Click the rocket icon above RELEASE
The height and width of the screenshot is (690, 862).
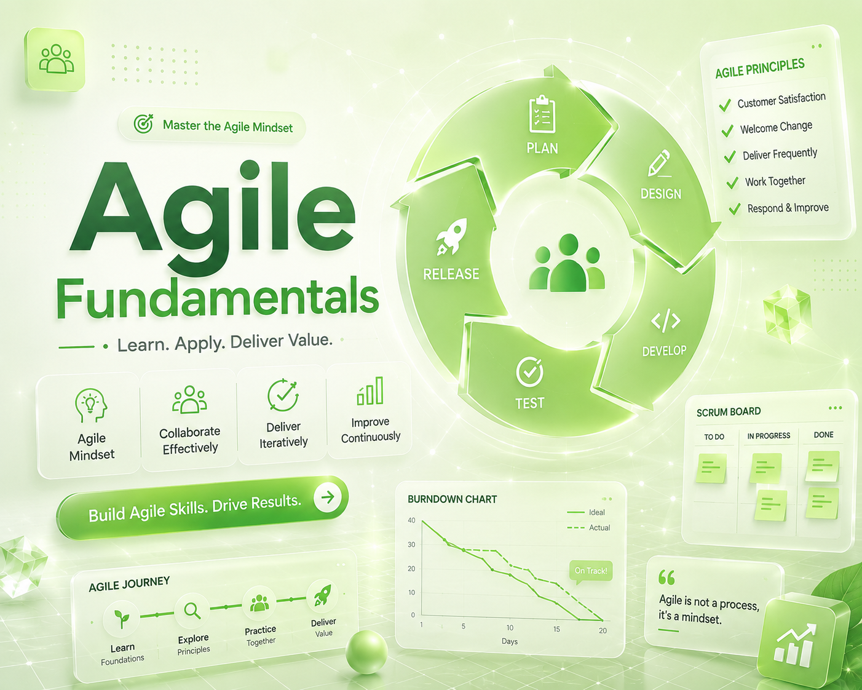point(451,237)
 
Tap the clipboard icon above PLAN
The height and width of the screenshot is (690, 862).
point(542,114)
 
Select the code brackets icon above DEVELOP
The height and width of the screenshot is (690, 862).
point(665,320)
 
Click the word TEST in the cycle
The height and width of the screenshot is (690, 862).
point(529,403)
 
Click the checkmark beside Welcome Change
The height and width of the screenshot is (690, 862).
point(727,130)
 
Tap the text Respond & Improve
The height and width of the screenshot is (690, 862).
point(788,208)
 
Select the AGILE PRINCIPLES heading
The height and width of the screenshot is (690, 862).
point(760,68)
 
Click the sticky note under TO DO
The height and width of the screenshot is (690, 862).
point(711,468)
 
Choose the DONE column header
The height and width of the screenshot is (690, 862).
point(823,435)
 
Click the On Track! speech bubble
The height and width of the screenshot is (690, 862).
point(591,571)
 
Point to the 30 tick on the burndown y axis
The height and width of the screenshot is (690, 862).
point(411,544)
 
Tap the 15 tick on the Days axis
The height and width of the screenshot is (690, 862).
point(557,629)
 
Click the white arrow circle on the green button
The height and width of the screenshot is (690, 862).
point(328,498)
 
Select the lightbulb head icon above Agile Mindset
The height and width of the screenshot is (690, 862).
point(91,405)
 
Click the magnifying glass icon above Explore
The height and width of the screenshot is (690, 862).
point(192,611)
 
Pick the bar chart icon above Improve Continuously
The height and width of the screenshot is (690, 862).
point(370,391)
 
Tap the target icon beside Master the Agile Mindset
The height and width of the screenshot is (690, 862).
point(143,124)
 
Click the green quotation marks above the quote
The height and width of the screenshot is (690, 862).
point(666,577)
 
